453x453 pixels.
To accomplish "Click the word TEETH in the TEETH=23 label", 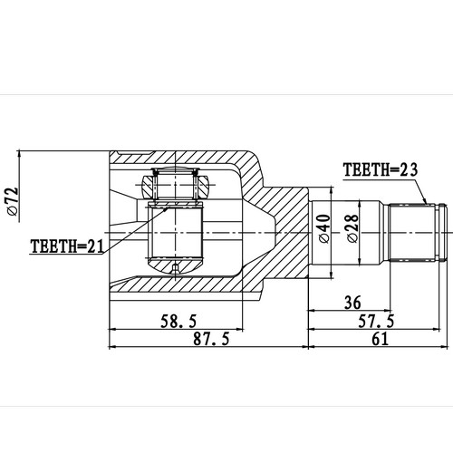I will pos(364,169).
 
